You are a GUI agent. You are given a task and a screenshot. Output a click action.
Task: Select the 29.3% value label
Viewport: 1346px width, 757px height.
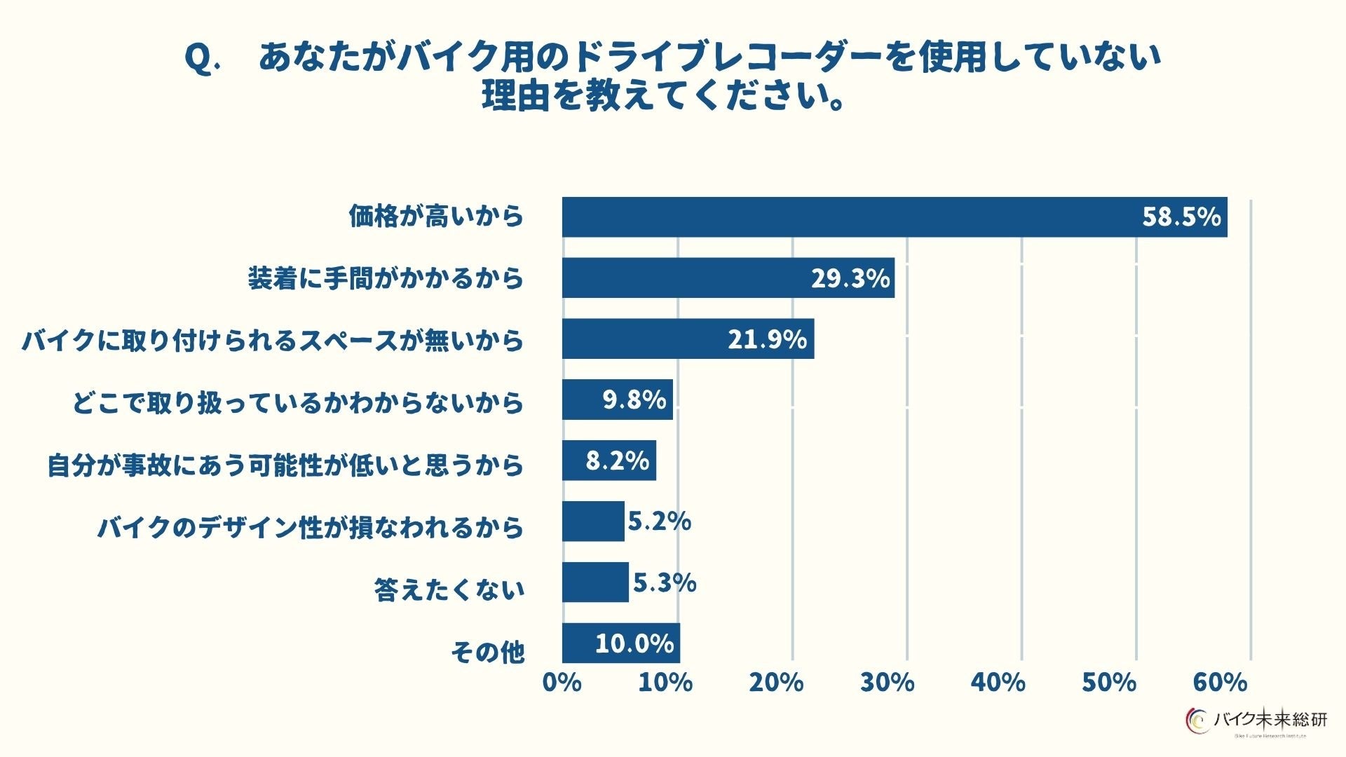[x=850, y=278]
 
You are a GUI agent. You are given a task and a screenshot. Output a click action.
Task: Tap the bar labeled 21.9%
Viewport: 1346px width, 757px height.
[x=687, y=339]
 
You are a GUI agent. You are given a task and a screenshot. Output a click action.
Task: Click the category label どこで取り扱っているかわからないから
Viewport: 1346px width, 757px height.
[x=298, y=403]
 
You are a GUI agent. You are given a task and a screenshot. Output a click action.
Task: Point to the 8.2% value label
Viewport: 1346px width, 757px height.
[x=617, y=461]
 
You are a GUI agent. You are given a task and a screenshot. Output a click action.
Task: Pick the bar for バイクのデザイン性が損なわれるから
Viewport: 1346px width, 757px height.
[x=593, y=521]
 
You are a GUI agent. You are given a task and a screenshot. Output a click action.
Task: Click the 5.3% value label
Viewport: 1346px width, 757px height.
[x=664, y=582]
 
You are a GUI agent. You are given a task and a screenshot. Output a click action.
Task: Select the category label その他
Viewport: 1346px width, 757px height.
[x=487, y=653]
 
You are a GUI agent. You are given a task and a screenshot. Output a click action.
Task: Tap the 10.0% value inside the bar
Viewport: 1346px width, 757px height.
[x=634, y=643]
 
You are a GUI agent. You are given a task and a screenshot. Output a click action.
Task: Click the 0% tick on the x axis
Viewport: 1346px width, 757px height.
[x=562, y=683]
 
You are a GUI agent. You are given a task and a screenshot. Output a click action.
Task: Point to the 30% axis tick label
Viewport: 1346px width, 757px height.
[x=887, y=683]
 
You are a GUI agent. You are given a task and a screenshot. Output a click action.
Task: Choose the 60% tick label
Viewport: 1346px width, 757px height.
[x=1220, y=683]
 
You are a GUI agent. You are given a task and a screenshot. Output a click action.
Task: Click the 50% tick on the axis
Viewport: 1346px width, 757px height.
[x=1108, y=683]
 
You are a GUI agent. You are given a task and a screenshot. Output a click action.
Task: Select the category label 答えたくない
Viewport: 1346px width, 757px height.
[x=449, y=590]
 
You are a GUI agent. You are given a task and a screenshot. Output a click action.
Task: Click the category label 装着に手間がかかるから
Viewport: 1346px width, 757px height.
[x=386, y=279]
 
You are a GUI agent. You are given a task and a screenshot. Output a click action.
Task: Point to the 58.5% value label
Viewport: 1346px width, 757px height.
[x=1181, y=217]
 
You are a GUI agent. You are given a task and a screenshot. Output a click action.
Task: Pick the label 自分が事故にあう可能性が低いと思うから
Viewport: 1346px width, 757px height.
[x=285, y=465]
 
